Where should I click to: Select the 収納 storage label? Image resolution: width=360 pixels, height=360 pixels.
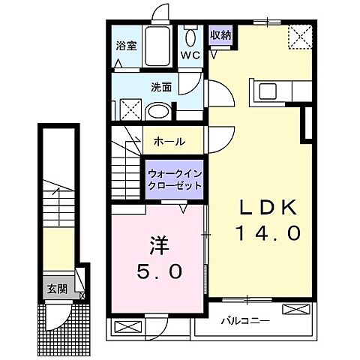click(219, 34)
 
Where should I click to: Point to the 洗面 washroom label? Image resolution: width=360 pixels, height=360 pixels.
click(162, 87)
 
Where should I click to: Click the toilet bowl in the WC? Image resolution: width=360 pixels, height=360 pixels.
click(190, 35)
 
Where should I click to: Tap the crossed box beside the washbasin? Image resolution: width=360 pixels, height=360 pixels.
click(130, 110)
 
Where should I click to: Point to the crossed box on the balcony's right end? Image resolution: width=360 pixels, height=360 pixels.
click(293, 308)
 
